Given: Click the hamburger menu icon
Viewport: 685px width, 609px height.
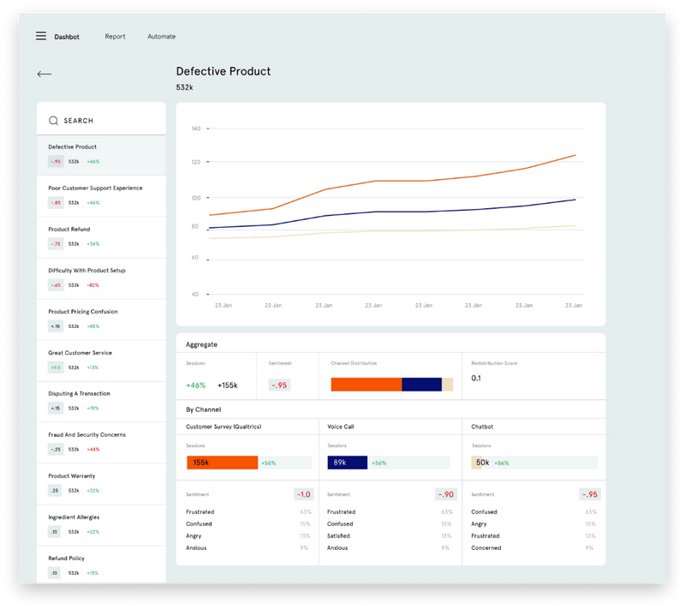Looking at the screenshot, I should point(41,36).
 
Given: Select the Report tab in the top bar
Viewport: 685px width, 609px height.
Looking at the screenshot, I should point(115,37).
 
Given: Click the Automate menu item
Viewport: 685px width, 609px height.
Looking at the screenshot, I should point(161,37).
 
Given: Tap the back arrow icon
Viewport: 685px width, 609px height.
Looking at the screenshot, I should point(45,75).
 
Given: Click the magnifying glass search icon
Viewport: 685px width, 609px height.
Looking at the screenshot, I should point(53,121).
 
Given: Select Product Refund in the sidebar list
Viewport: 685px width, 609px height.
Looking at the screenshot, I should point(68,230).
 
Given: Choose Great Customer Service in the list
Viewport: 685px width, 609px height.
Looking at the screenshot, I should point(80,353).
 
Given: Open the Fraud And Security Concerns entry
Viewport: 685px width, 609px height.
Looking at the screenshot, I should point(86,435).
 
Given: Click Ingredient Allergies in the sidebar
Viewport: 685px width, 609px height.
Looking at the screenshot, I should point(74,517).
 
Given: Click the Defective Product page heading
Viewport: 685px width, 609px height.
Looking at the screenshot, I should point(223,71).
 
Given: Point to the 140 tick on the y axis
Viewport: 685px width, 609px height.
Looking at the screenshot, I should point(195,128).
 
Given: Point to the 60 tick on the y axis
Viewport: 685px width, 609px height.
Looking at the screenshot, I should point(195,257).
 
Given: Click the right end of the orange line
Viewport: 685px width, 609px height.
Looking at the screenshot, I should point(575,155).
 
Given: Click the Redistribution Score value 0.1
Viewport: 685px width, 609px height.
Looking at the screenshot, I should point(476,378).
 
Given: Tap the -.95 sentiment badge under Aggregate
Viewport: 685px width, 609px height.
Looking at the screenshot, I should point(279,385).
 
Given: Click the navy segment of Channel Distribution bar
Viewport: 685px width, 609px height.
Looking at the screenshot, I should point(421,385).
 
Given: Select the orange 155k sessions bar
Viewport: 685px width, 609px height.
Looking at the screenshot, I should point(222,463).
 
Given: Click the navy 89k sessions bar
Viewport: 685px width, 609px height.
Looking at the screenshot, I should point(347,463).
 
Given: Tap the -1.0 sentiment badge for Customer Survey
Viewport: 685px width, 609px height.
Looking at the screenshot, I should point(304,494).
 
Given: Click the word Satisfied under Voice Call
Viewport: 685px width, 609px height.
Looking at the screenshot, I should point(341,536).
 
